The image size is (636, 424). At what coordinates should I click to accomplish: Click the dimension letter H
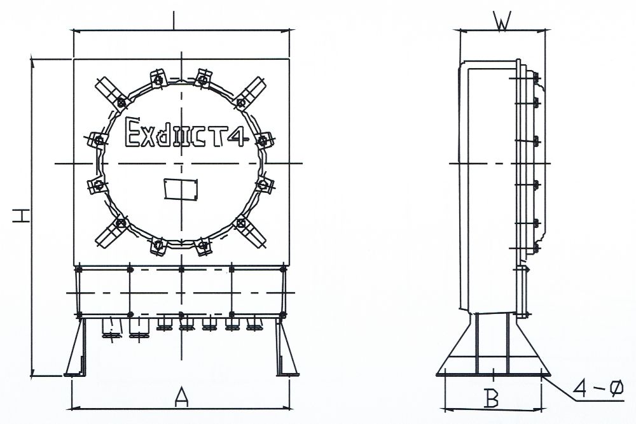click(21, 216)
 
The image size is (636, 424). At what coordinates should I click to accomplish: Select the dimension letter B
click(492, 398)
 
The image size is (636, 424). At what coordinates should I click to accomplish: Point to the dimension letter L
click(174, 20)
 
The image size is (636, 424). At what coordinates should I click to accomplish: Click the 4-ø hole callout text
click(598, 389)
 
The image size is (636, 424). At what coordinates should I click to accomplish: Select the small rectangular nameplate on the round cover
click(181, 189)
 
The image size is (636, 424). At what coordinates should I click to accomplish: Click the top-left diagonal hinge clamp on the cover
click(110, 92)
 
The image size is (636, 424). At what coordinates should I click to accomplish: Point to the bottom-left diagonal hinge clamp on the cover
click(111, 233)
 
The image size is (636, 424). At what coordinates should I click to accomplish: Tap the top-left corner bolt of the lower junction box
click(79, 269)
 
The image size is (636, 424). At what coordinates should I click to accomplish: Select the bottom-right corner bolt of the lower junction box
click(283, 314)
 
